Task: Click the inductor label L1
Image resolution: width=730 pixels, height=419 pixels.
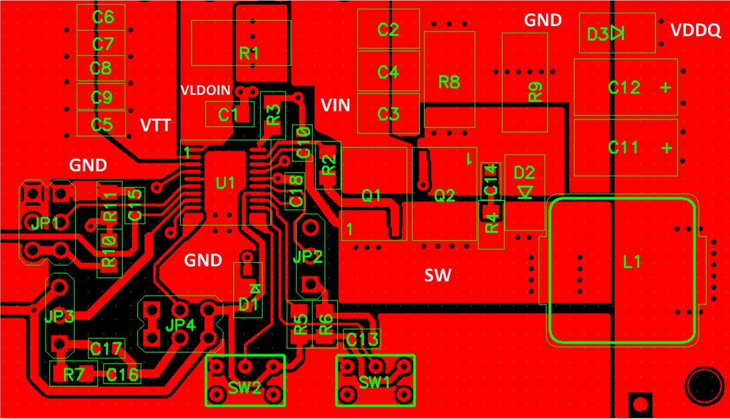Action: [631, 263]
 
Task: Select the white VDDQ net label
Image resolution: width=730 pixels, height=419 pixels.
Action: [695, 31]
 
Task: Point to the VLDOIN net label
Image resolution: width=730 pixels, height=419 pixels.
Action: [206, 89]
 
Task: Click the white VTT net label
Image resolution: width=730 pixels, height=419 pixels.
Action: [156, 125]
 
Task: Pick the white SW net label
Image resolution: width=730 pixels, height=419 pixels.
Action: [437, 275]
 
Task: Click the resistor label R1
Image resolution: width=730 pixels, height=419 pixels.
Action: [249, 54]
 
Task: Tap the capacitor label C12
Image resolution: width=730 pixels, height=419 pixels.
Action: [625, 87]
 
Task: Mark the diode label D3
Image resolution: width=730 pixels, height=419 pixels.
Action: [598, 34]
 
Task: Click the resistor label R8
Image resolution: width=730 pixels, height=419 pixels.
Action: [449, 82]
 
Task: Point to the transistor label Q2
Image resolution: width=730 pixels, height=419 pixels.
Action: [445, 195]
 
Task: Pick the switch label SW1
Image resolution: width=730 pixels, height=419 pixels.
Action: [374, 382]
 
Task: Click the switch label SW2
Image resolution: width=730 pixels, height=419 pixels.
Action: [244, 387]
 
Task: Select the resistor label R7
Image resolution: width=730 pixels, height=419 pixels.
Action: [73, 375]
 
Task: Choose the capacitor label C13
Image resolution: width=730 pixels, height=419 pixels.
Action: [363, 340]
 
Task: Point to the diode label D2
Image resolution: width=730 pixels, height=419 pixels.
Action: [525, 173]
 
